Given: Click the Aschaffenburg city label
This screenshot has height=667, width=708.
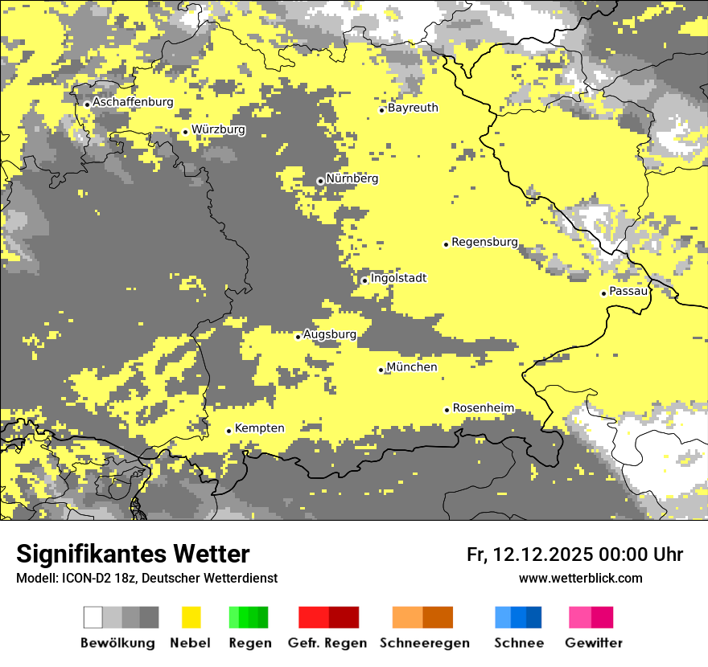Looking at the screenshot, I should click(x=133, y=103).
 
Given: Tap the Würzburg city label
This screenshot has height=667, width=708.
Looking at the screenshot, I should click(x=218, y=129).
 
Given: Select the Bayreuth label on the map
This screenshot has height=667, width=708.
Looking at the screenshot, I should click(x=413, y=108).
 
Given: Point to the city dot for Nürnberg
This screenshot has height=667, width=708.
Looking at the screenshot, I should click(x=320, y=181).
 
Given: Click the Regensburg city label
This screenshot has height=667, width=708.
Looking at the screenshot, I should click(x=484, y=242).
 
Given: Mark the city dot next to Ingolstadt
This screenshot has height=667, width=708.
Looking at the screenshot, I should click(x=364, y=280).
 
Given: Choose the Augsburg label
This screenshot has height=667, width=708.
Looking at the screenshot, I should click(x=329, y=334).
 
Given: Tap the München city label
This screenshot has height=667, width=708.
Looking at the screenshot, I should click(x=412, y=367).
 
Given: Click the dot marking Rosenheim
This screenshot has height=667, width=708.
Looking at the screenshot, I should click(x=447, y=410).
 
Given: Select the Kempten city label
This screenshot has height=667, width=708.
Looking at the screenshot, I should click(x=259, y=428).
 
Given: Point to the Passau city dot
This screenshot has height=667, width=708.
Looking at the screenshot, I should click(x=603, y=293).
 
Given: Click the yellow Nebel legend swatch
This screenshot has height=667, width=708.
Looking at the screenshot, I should click(x=191, y=617).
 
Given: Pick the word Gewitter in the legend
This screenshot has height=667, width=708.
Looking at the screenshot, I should click(x=594, y=643).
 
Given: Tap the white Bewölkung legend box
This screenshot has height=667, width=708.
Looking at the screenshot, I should click(x=93, y=617).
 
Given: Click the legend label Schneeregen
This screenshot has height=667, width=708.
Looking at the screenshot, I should click(x=424, y=643).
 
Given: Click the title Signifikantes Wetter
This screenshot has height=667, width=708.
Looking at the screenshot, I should click(x=133, y=554).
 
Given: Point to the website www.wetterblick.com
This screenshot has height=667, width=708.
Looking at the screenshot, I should click(x=580, y=578).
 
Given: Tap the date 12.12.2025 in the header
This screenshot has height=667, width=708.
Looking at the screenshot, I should click(x=542, y=554).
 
